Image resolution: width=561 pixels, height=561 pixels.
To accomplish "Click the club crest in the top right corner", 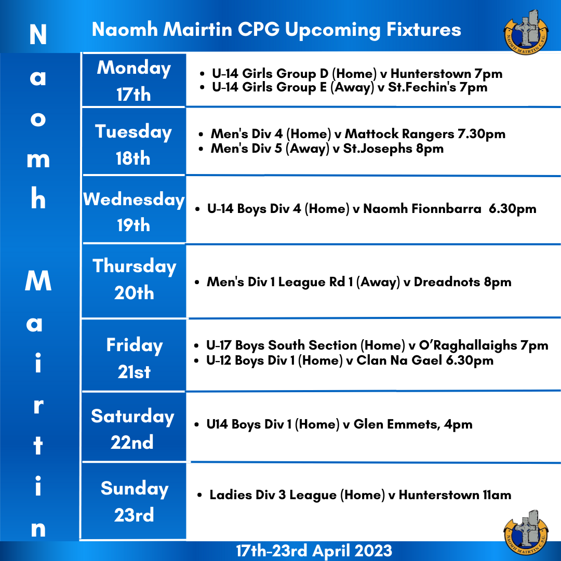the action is (526, 32).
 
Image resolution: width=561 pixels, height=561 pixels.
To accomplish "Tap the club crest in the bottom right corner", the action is (526, 532).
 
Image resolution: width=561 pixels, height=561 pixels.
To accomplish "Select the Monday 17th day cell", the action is (134, 80).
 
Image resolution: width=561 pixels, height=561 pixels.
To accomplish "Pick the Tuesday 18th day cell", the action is (134, 141).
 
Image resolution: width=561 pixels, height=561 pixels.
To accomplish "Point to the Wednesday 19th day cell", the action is (134, 210).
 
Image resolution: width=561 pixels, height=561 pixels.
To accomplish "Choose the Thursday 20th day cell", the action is (134, 281).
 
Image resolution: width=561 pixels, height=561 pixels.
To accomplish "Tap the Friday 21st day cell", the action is (134, 355).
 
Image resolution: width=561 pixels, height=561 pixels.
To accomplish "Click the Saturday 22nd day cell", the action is (134, 427).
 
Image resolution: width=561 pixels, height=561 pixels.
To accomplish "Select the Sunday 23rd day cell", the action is (134, 501).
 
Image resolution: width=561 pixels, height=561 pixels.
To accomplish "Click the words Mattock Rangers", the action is (399, 134).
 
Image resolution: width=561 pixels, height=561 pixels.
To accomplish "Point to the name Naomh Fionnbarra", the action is (422, 209).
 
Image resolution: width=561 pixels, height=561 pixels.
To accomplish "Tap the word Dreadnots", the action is (447, 282).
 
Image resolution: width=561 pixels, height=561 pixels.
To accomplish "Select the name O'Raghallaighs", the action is (468, 345).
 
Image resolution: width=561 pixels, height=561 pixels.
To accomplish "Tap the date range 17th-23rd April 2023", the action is (314, 551).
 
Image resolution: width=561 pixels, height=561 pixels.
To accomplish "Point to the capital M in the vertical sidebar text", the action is (38, 280).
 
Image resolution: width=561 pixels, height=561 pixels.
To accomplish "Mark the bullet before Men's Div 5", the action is (202, 149).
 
